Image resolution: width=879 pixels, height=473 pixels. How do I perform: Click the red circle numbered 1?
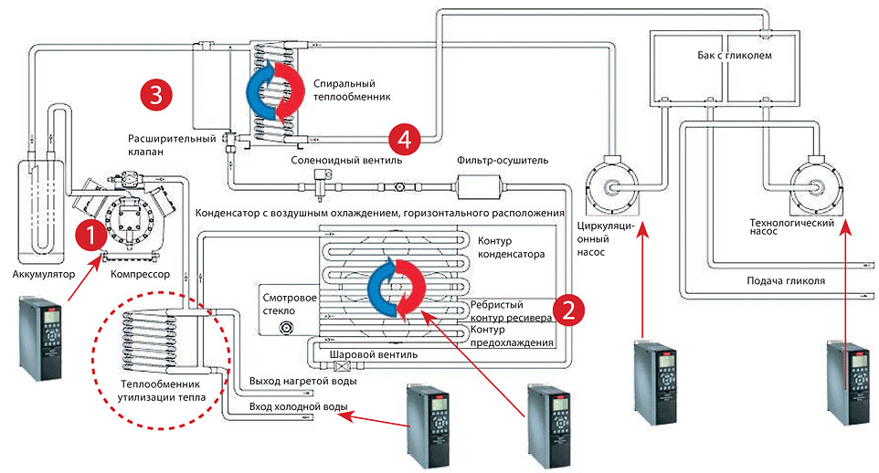pyautogui.click(x=90, y=236)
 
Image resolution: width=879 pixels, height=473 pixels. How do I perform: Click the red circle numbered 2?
pyautogui.click(x=569, y=309)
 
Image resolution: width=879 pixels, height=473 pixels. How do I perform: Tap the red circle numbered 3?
pyautogui.click(x=157, y=92)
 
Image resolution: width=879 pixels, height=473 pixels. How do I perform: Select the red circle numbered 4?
pyautogui.click(x=404, y=140)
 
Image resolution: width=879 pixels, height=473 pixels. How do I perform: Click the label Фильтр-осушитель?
pyautogui.click(x=503, y=160)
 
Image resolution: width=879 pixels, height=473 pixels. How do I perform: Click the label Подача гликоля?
pyautogui.click(x=786, y=281)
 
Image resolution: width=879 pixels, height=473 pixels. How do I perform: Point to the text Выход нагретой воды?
pyautogui.click(x=292, y=381)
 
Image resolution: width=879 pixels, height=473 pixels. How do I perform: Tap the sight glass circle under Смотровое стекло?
pyautogui.click(x=289, y=326)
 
